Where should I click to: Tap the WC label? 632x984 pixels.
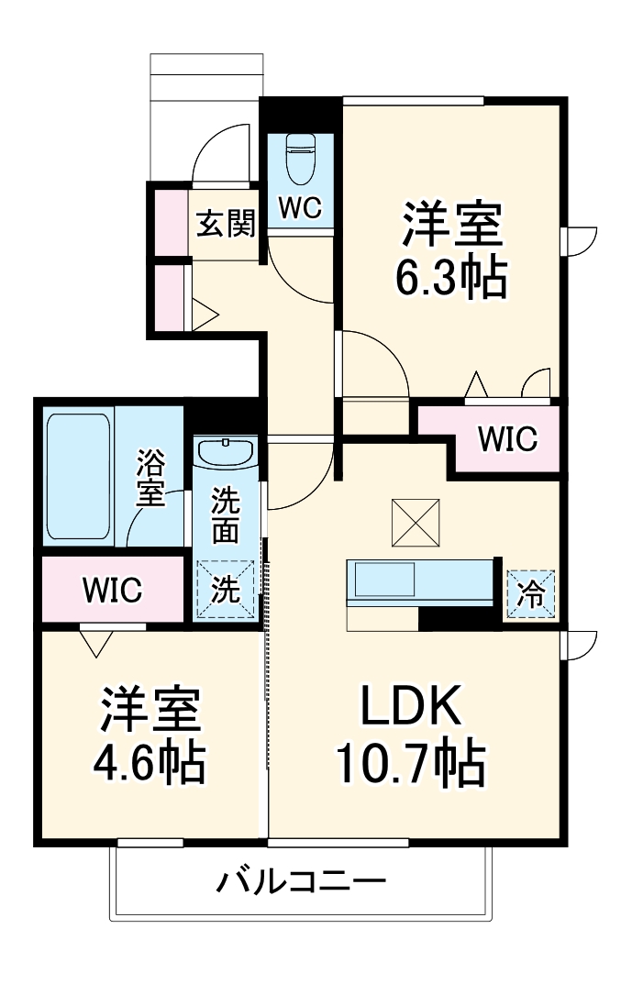pos(300,209)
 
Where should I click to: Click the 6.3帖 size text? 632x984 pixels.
pos(450,279)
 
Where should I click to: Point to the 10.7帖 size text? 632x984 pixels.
pos(410,763)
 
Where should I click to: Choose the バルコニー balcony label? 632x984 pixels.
pos(301,883)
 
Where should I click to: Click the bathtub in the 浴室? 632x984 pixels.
pos(79,477)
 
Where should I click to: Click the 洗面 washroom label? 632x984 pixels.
pos(226,515)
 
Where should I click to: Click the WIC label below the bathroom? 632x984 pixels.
pos(112,590)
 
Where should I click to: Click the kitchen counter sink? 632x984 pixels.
pos(384,580)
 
